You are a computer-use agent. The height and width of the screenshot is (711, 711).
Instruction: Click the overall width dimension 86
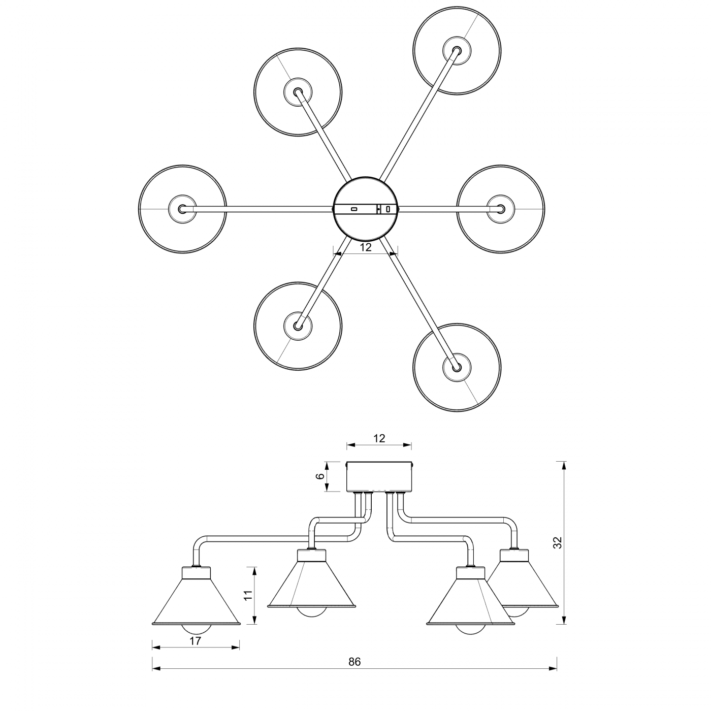point(354,662)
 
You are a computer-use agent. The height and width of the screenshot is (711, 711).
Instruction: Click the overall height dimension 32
point(558,542)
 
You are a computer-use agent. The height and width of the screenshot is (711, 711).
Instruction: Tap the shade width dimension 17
point(196,641)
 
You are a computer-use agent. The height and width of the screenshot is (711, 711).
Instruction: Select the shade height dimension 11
point(248,596)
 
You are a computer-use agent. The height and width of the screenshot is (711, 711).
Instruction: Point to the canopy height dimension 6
point(319,476)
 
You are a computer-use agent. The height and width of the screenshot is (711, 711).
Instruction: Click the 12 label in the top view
point(366,247)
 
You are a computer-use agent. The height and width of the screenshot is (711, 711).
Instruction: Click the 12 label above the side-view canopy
point(379,438)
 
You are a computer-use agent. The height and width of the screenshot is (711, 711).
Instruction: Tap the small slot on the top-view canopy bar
point(354,209)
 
